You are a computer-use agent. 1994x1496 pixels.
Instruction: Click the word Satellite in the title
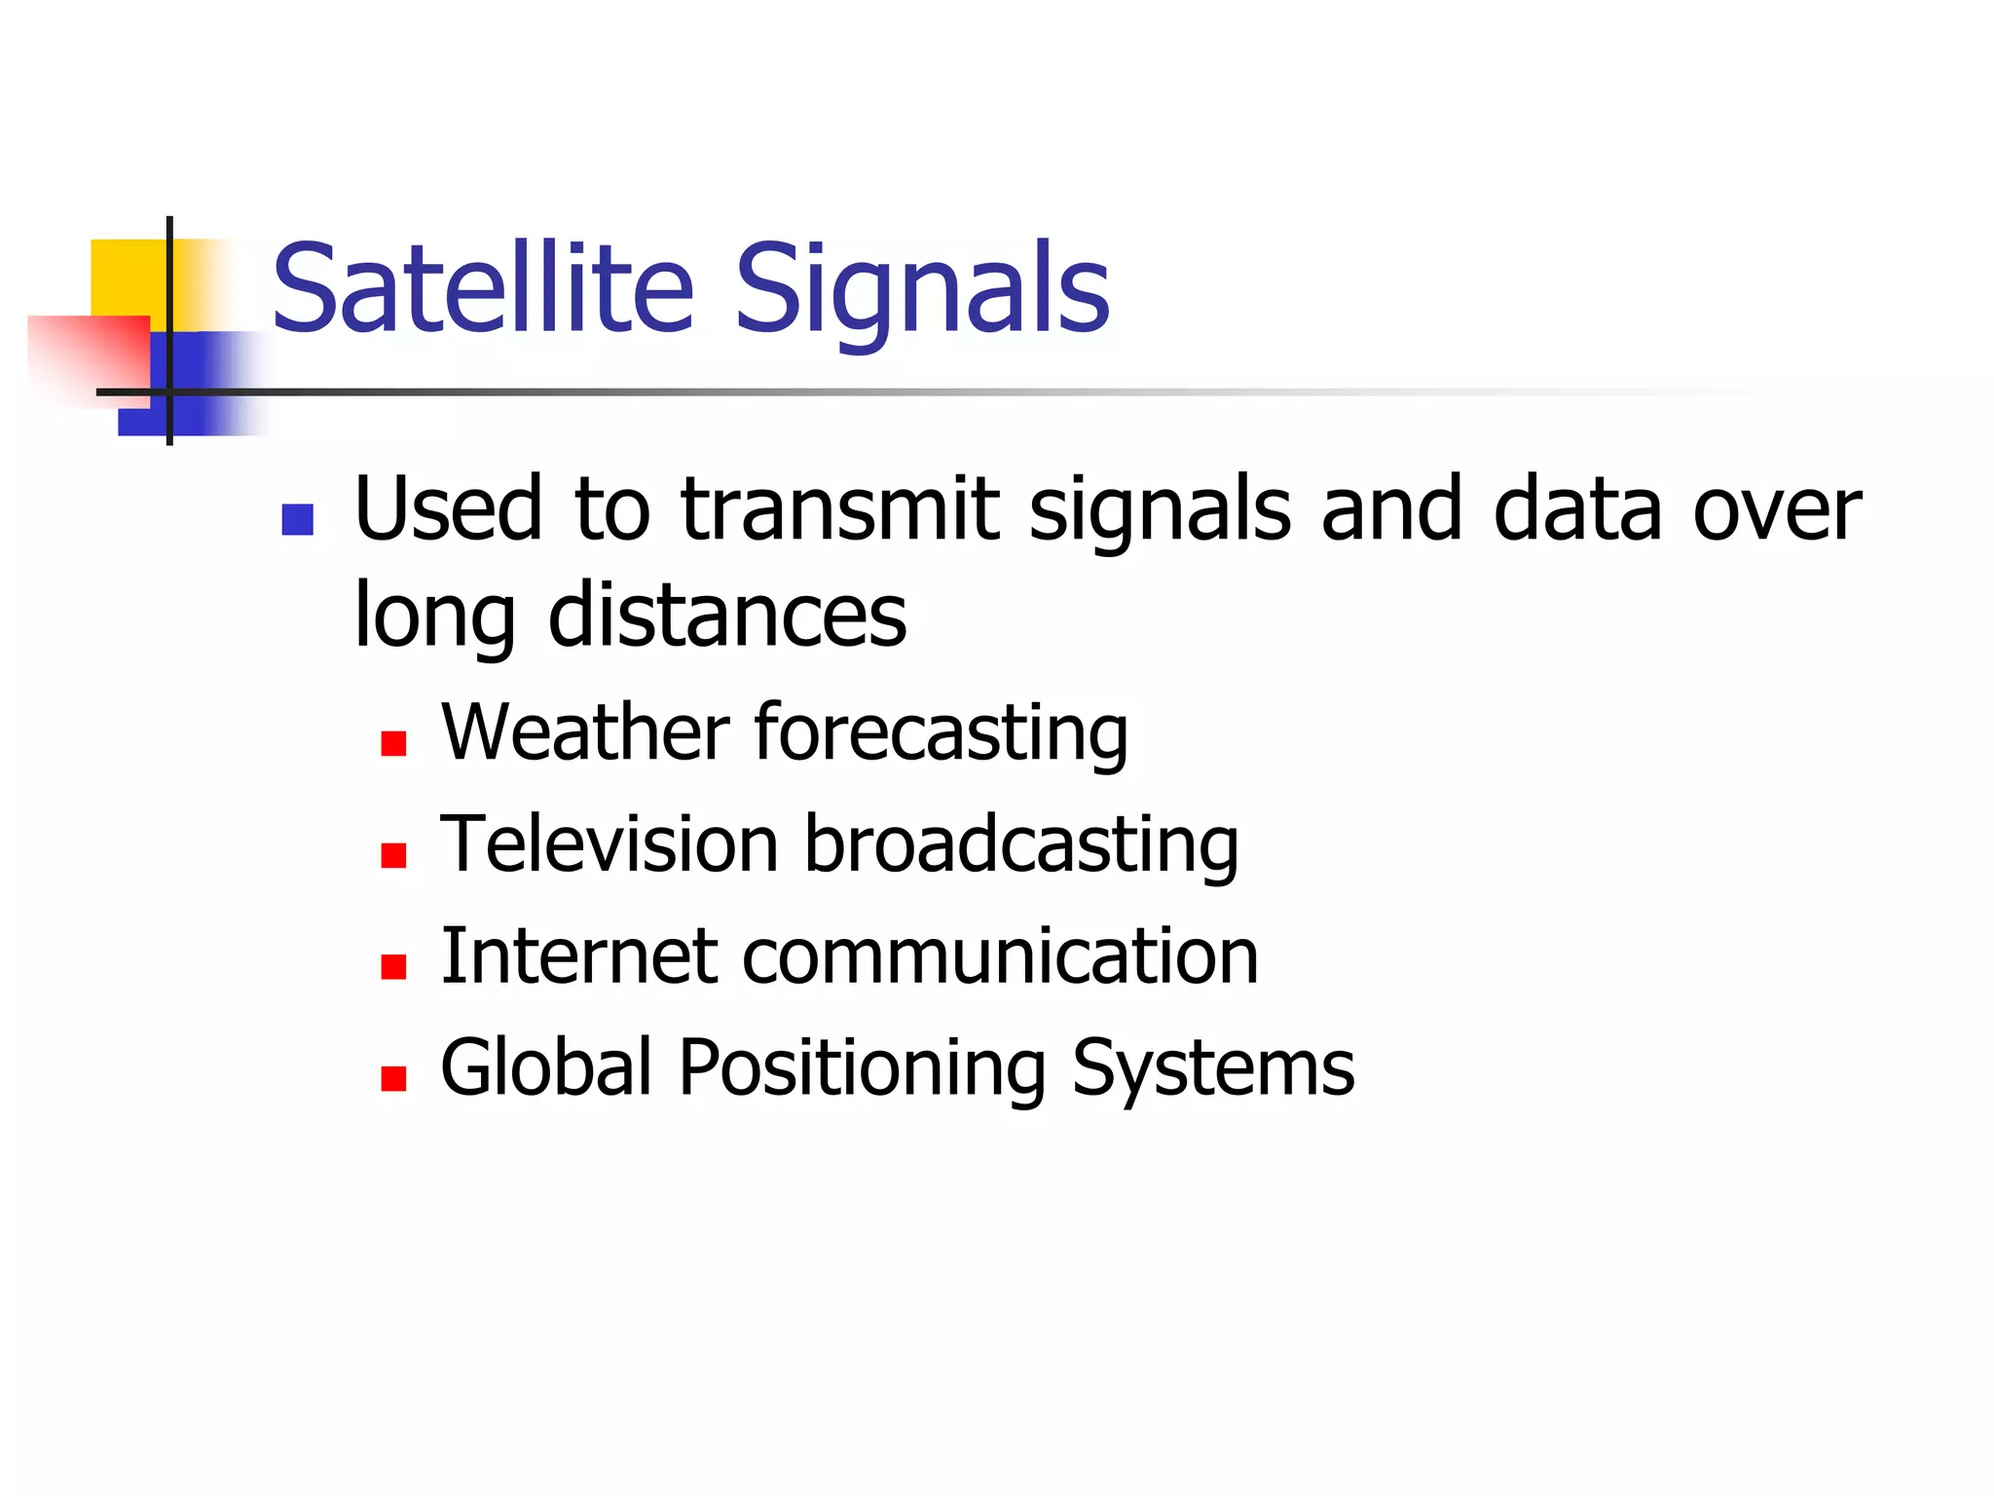(483, 289)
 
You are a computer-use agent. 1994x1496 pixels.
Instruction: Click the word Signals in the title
(921, 289)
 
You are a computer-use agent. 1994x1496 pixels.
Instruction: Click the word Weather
(584, 732)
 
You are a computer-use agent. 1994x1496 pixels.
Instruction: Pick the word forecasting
(941, 734)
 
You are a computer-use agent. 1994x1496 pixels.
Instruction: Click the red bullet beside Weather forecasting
(393, 745)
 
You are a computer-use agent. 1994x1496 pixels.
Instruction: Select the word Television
(609, 844)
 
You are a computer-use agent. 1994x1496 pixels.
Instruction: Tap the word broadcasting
(1020, 845)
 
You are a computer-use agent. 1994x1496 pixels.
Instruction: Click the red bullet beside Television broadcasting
(393, 856)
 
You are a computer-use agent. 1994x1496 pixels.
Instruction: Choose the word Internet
(579, 956)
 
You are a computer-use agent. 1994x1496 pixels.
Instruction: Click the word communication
(1000, 956)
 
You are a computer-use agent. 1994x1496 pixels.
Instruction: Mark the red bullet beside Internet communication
(393, 967)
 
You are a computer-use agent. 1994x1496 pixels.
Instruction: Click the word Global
(545, 1067)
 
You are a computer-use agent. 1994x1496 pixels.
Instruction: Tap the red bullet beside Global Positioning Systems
(393, 1079)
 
